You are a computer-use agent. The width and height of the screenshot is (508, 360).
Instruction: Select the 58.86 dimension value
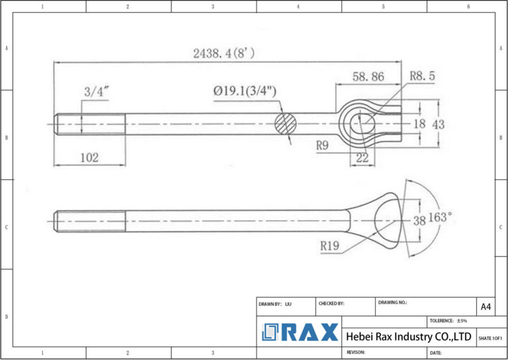[368, 77]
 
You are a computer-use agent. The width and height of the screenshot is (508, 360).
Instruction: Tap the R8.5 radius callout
[423, 77]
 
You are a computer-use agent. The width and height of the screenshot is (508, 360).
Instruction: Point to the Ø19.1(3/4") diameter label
[245, 91]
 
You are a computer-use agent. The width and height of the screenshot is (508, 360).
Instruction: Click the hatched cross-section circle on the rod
[286, 124]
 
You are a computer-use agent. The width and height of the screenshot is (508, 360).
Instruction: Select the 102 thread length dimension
[89, 157]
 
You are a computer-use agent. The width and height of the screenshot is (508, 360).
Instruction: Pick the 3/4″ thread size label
[96, 91]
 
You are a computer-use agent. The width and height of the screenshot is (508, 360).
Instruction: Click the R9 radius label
[322, 146]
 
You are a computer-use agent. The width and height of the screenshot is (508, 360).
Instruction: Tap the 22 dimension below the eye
[362, 157]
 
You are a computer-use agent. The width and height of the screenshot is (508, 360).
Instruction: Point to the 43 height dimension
[438, 124]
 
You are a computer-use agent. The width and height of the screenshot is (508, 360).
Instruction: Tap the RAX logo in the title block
[300, 332]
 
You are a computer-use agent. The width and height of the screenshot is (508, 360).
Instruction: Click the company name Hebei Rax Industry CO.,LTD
[408, 337]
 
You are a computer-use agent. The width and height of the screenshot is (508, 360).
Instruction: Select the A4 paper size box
[486, 306]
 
